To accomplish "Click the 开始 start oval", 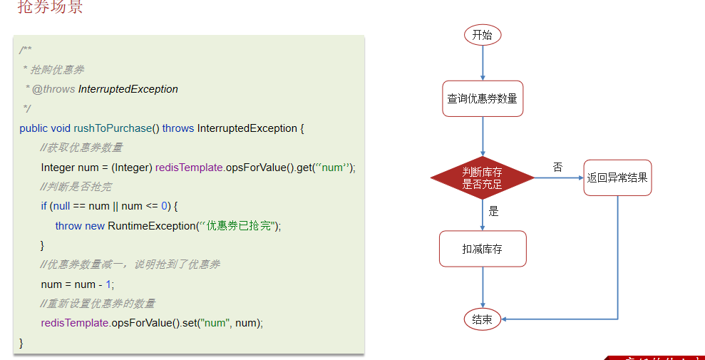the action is click(x=483, y=35).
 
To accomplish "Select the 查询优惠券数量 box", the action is click(x=483, y=99).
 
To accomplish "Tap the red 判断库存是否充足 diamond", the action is click(x=483, y=178).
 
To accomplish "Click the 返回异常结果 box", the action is click(x=617, y=178).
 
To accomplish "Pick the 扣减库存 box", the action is click(x=483, y=250).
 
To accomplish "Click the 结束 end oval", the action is click(x=483, y=319).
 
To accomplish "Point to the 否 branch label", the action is click(x=557, y=167).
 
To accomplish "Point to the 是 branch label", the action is click(x=493, y=211).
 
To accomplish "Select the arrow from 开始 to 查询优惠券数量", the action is click(x=483, y=63).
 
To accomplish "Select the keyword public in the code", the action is click(x=34, y=128).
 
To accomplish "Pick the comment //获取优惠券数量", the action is click(x=81, y=148).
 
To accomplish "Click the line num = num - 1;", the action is click(x=77, y=284).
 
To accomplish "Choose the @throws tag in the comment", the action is click(x=53, y=89).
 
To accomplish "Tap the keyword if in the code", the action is click(x=44, y=206).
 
